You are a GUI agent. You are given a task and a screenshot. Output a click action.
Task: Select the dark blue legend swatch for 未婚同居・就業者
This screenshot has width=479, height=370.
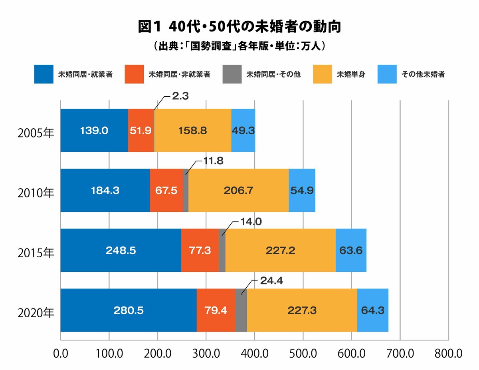[x=44, y=74]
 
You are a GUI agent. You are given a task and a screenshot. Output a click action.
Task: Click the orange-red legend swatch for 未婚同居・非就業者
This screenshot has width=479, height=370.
[x=134, y=74]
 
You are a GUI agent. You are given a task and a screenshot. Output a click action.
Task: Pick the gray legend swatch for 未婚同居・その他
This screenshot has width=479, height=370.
[x=232, y=74]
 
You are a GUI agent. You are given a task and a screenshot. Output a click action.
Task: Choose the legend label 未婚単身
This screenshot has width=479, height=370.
[x=351, y=74]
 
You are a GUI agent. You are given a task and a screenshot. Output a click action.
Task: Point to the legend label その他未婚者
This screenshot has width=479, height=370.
[x=423, y=74]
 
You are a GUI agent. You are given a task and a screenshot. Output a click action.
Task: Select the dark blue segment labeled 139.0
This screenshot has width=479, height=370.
[x=94, y=131]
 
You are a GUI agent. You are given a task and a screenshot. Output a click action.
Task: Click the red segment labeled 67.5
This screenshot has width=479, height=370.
[x=166, y=191]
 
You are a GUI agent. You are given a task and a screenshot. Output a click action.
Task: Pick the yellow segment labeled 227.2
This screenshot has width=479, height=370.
[x=281, y=251]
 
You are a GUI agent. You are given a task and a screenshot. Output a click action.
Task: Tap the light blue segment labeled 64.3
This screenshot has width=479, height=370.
[x=372, y=310]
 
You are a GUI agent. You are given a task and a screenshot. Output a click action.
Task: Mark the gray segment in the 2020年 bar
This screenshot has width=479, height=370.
[x=241, y=310]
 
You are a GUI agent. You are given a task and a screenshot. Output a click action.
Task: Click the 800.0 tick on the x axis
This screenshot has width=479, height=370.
[x=449, y=354]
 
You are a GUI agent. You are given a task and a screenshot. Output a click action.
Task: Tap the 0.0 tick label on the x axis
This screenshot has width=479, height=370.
[x=61, y=354]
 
